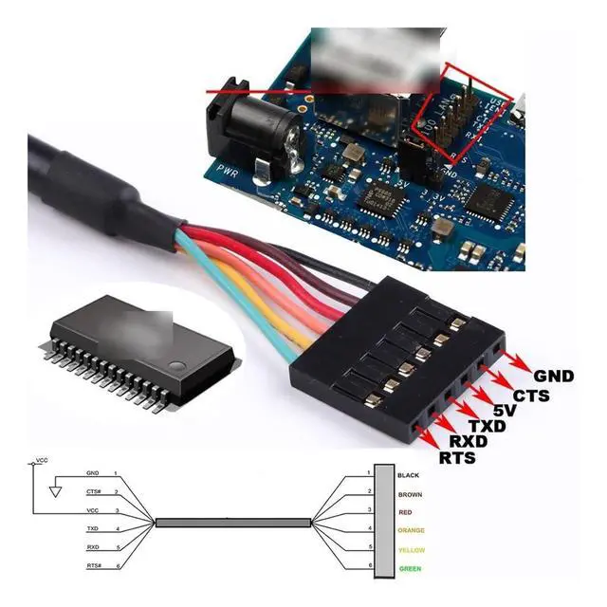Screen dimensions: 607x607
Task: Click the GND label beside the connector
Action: coord(554,377)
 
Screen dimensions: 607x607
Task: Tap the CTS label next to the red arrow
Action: coord(531,395)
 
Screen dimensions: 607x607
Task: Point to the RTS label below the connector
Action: coord(457,458)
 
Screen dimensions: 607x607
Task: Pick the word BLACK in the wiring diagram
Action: coord(409,474)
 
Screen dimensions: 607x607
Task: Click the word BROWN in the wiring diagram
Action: coord(410,494)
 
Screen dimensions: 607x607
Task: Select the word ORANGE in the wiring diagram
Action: coord(412,530)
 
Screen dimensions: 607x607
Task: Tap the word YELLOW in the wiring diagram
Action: coord(412,550)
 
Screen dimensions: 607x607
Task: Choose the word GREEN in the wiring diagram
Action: coord(410,569)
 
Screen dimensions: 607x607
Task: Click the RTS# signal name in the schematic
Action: coord(94,565)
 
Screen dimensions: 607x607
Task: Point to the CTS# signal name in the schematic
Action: coord(93,491)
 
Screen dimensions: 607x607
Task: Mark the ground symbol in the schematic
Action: coord(54,492)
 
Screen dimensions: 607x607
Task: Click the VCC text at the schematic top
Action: coord(41,460)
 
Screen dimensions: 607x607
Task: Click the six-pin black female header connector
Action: coord(389,351)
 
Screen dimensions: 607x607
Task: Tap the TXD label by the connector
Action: coord(486,428)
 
